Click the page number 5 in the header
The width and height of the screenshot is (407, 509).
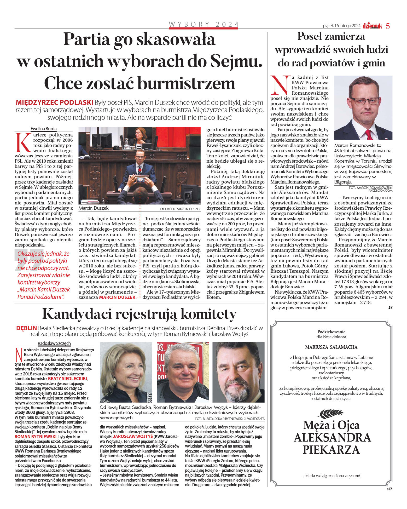388,26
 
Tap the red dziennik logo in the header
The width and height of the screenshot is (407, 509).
372,26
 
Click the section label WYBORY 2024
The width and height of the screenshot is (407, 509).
204,24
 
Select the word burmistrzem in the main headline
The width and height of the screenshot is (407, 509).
186,84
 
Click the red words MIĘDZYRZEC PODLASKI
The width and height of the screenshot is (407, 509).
54,102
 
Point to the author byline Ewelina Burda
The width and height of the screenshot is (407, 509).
43,129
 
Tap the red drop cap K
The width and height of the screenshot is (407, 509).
23,143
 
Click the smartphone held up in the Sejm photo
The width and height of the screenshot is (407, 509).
140,180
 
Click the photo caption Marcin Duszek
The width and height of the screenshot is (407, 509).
94,208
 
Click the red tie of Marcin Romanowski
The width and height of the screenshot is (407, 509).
369,135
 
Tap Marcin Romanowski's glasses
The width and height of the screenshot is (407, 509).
364,101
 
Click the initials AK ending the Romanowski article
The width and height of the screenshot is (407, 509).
390,308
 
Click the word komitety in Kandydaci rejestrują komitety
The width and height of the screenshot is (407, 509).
204,314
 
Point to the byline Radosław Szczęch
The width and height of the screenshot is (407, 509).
54,343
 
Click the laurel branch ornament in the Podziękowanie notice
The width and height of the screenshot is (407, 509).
331,414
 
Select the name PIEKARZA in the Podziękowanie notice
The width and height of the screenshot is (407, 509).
331,450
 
